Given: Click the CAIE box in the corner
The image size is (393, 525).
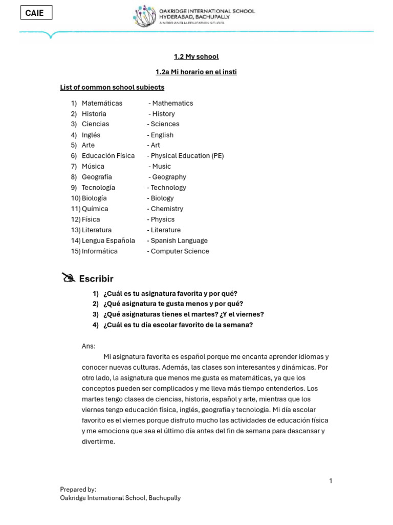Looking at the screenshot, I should [x=36, y=13].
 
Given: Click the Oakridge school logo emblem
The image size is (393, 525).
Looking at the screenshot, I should [x=144, y=16].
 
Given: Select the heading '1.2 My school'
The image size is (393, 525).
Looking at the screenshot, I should [x=196, y=56].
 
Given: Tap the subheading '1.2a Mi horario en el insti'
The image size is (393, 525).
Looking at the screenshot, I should [x=196, y=72].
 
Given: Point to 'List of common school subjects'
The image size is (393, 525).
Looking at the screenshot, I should [x=112, y=87].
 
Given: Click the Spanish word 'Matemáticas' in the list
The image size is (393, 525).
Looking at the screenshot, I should [x=102, y=103].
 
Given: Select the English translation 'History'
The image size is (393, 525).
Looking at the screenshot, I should [x=163, y=114].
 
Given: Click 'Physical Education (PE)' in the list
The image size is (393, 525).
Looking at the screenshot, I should [x=187, y=156].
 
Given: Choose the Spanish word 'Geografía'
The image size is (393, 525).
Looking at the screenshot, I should [x=97, y=177].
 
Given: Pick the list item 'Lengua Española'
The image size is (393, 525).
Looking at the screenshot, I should [x=108, y=240].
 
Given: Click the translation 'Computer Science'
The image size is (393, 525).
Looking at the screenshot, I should [x=180, y=251].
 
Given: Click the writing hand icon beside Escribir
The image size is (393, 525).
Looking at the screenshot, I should [x=68, y=278].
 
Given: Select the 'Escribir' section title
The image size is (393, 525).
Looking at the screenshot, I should [x=96, y=279].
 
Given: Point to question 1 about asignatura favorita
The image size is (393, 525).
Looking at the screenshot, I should [x=170, y=293].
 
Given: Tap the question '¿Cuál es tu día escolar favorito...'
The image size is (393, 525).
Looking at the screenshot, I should [x=178, y=325].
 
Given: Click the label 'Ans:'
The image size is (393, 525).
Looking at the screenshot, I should [x=89, y=346].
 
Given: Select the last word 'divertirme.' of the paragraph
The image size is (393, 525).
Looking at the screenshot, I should [x=98, y=441].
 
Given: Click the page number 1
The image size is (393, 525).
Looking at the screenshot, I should [x=331, y=480].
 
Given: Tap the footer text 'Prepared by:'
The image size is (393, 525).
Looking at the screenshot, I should [x=78, y=489].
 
